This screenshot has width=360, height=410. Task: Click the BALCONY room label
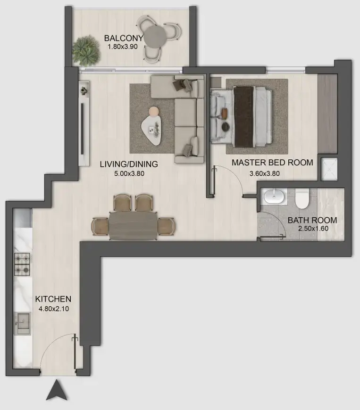(x=122, y=38)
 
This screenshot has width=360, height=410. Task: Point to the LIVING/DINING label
(x=128, y=164)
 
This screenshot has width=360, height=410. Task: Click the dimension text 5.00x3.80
(x=128, y=173)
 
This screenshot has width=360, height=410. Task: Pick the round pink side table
(x=154, y=111)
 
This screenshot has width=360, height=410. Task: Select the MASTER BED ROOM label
(x=272, y=163)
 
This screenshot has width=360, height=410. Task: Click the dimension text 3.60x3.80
(x=265, y=173)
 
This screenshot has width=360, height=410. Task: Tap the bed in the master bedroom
(x=242, y=116)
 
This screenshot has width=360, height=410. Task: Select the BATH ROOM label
(x=312, y=220)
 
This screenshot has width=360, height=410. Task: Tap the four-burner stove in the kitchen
(x=22, y=264)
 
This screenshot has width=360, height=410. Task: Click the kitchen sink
(x=22, y=322)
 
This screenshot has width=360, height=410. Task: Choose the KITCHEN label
(x=53, y=299)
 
